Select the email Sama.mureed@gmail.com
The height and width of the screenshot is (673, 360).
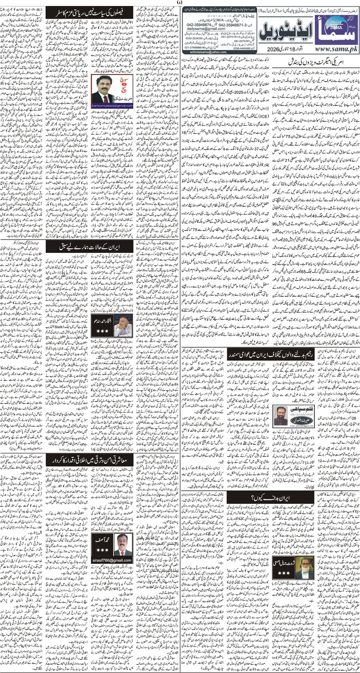pyautogui.click(x=112, y=106)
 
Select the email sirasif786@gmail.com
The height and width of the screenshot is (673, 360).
pyautogui.click(x=112, y=560)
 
